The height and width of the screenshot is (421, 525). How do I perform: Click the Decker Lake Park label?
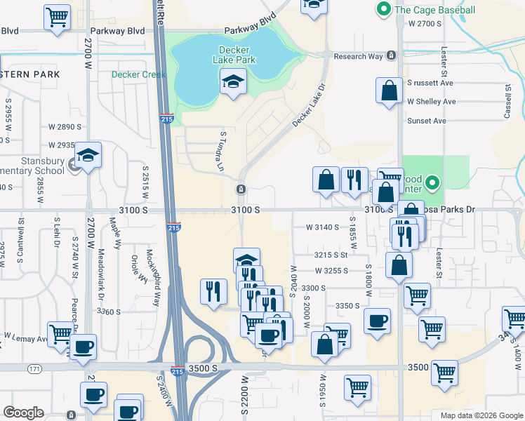(x=234, y=55)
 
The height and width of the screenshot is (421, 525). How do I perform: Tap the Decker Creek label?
(x=138, y=74)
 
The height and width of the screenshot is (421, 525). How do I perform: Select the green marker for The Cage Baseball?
(x=383, y=10)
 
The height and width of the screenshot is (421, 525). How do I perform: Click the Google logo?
(x=23, y=413)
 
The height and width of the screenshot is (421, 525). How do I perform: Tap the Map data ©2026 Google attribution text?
(x=481, y=415)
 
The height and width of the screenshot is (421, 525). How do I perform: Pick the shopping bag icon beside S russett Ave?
(x=389, y=91)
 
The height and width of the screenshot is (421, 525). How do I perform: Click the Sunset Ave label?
(x=427, y=121)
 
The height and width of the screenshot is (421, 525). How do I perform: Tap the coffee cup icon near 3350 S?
(x=378, y=321)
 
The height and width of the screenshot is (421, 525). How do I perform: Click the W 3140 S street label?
(x=322, y=227)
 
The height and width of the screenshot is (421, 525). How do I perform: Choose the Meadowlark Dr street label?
(x=102, y=275)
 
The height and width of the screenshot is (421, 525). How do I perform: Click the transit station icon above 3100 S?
(x=241, y=189)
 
